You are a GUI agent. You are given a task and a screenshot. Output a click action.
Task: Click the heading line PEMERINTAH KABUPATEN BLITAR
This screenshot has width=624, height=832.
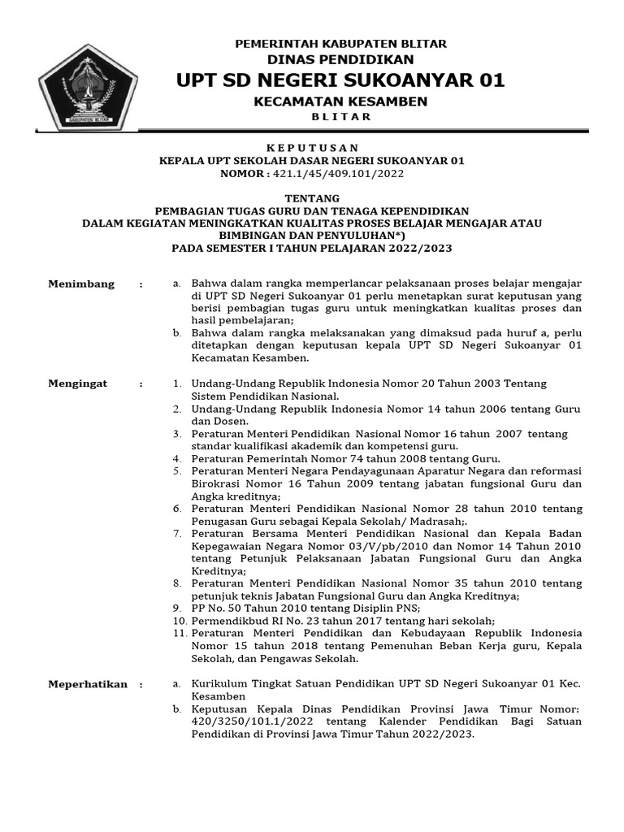(x=340, y=43)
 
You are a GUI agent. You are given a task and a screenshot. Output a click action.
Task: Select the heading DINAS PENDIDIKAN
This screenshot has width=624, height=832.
(x=340, y=59)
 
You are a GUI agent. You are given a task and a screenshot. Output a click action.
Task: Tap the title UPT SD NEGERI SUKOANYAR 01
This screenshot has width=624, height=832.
(x=340, y=80)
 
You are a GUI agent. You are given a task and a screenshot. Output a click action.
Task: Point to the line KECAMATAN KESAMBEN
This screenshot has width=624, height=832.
(x=340, y=101)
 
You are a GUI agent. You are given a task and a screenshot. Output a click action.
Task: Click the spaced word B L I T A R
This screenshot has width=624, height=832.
(x=340, y=117)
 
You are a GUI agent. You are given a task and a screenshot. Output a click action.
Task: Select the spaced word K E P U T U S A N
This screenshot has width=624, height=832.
(x=312, y=147)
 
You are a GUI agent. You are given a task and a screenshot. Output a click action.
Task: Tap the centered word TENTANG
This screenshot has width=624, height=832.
(x=312, y=198)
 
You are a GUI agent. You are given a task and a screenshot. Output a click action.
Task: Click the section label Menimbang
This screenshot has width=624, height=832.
(x=81, y=284)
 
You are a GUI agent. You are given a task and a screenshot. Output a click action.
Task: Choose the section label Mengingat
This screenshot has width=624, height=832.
(x=78, y=383)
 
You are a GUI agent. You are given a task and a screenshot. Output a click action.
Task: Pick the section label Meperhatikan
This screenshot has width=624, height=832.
(x=88, y=684)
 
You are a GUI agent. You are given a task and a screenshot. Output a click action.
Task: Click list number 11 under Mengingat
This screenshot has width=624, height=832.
(x=180, y=633)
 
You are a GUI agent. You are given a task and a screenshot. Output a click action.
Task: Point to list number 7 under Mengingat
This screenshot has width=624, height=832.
(x=177, y=534)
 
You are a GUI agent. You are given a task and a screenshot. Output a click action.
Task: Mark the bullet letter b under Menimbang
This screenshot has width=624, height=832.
(x=177, y=333)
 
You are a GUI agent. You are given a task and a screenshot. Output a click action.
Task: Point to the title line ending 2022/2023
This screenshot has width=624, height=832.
(x=312, y=248)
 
